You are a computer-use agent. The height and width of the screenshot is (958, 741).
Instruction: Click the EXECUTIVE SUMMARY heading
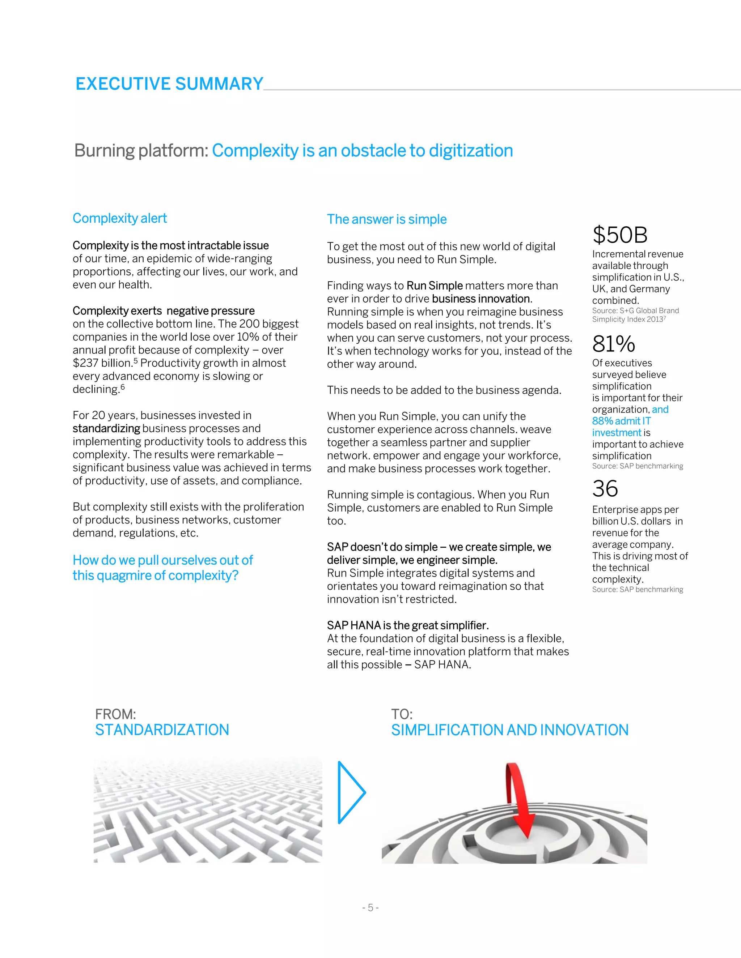(169, 84)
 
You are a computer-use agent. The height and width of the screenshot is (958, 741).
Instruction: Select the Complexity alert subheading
(120, 218)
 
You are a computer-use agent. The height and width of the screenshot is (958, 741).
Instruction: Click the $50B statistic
(620, 235)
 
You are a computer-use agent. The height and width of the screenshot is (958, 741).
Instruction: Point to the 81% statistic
(613, 344)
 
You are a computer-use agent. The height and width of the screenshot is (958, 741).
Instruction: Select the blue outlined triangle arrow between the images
(351, 792)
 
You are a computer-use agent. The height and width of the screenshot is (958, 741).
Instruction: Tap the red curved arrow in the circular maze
(520, 798)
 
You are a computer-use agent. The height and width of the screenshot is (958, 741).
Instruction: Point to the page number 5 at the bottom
(370, 907)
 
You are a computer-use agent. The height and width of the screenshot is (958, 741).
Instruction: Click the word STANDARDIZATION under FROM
(162, 730)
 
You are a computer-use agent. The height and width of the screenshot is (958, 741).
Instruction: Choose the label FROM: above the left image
(115, 714)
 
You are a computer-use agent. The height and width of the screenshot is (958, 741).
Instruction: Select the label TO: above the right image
(402, 714)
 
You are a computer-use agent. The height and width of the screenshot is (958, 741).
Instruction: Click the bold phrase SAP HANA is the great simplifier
(408, 625)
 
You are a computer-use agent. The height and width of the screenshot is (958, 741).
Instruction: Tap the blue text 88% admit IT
(621, 421)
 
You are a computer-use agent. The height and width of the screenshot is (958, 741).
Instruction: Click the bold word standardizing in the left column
(106, 428)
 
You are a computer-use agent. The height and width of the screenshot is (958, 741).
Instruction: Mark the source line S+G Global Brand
(635, 311)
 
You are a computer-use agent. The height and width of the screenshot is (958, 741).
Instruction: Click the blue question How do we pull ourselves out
(162, 560)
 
